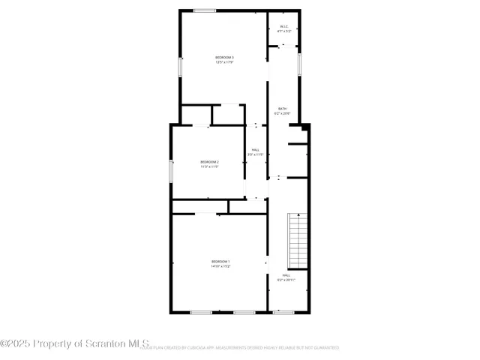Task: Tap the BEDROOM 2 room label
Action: (209, 161)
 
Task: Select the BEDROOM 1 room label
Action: (220, 261)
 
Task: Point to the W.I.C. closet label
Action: (284, 28)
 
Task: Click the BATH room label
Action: (281, 109)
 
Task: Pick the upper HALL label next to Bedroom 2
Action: (256, 150)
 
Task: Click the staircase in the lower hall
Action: (298, 240)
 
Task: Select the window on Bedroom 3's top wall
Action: (205, 10)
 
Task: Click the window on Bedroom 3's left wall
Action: (179, 66)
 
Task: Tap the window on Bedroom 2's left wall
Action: (171, 170)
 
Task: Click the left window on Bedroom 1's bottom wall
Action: (200, 312)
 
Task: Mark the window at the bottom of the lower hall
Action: (283, 312)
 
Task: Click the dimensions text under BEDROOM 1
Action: (220, 266)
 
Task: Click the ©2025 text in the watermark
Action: (16, 343)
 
